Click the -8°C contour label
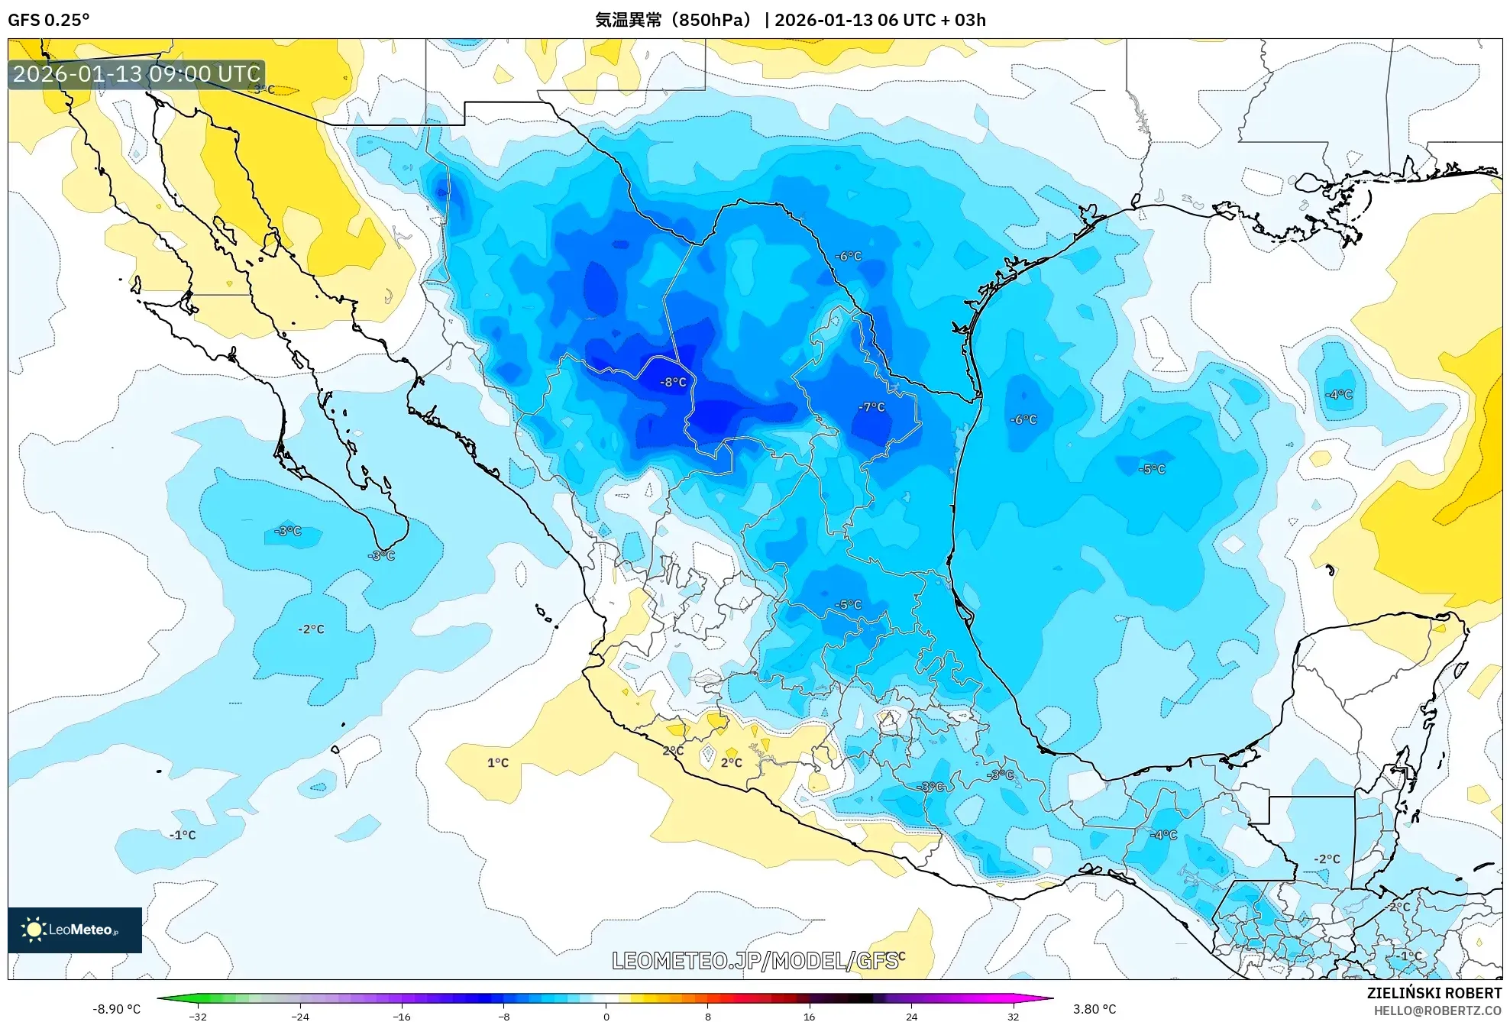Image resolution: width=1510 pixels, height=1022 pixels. tap(673, 382)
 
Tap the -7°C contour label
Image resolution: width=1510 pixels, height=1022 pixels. tap(871, 407)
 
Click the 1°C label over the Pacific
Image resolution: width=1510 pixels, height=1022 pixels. tap(498, 762)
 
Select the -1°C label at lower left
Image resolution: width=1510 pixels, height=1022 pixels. tap(183, 835)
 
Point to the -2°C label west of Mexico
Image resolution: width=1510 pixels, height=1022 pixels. tap(311, 629)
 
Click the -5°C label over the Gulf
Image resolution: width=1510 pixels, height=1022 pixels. tap(1152, 469)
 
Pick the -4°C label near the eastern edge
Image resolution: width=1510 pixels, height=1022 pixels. tap(1339, 394)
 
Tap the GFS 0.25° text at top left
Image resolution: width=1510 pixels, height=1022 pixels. tap(48, 20)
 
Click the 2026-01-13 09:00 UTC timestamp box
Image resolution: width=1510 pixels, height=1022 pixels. tap(137, 74)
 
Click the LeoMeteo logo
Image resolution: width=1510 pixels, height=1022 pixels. tap(75, 930)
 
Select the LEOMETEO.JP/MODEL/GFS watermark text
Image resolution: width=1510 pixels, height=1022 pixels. tap(755, 961)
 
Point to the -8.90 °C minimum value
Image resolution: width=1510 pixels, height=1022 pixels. tap(116, 1009)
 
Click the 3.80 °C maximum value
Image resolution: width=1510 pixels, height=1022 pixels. tap(1094, 1009)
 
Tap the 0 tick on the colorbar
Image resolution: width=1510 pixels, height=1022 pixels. tap(606, 1016)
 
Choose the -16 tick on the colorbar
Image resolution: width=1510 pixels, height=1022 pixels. tap(402, 1016)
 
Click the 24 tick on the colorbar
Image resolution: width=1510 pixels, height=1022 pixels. tap(911, 1016)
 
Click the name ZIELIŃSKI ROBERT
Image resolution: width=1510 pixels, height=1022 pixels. tap(1434, 993)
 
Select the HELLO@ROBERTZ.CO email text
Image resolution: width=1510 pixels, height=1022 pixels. tap(1437, 1011)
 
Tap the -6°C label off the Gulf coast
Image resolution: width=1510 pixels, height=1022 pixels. tap(1023, 419)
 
